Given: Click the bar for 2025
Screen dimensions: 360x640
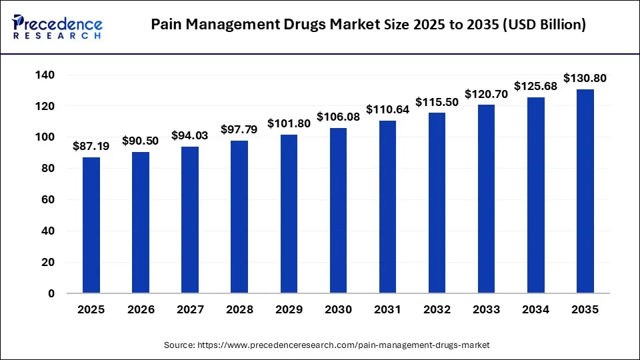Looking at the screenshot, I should [x=91, y=225].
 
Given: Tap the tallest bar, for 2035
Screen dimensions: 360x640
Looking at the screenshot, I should [x=585, y=191].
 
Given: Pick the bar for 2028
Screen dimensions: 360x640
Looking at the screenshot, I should [x=239, y=217].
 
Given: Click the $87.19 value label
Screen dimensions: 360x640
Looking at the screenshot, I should [x=91, y=145].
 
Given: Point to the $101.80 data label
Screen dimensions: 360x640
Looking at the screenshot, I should [x=289, y=123].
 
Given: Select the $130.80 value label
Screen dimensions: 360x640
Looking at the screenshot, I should [x=585, y=78].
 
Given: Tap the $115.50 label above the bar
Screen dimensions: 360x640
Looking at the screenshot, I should [x=437, y=101].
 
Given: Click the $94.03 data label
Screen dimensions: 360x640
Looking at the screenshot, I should [x=190, y=135].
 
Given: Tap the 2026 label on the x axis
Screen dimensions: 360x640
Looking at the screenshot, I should [x=141, y=310].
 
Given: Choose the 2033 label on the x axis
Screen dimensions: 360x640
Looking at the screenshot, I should [x=486, y=310].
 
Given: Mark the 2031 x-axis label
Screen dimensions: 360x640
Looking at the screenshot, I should [x=387, y=310].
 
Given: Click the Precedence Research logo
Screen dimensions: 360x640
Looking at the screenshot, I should [x=57, y=25].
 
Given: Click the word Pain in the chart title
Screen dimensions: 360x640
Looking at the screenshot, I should [x=167, y=25].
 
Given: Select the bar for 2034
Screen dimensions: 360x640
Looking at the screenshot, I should [x=535, y=195].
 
